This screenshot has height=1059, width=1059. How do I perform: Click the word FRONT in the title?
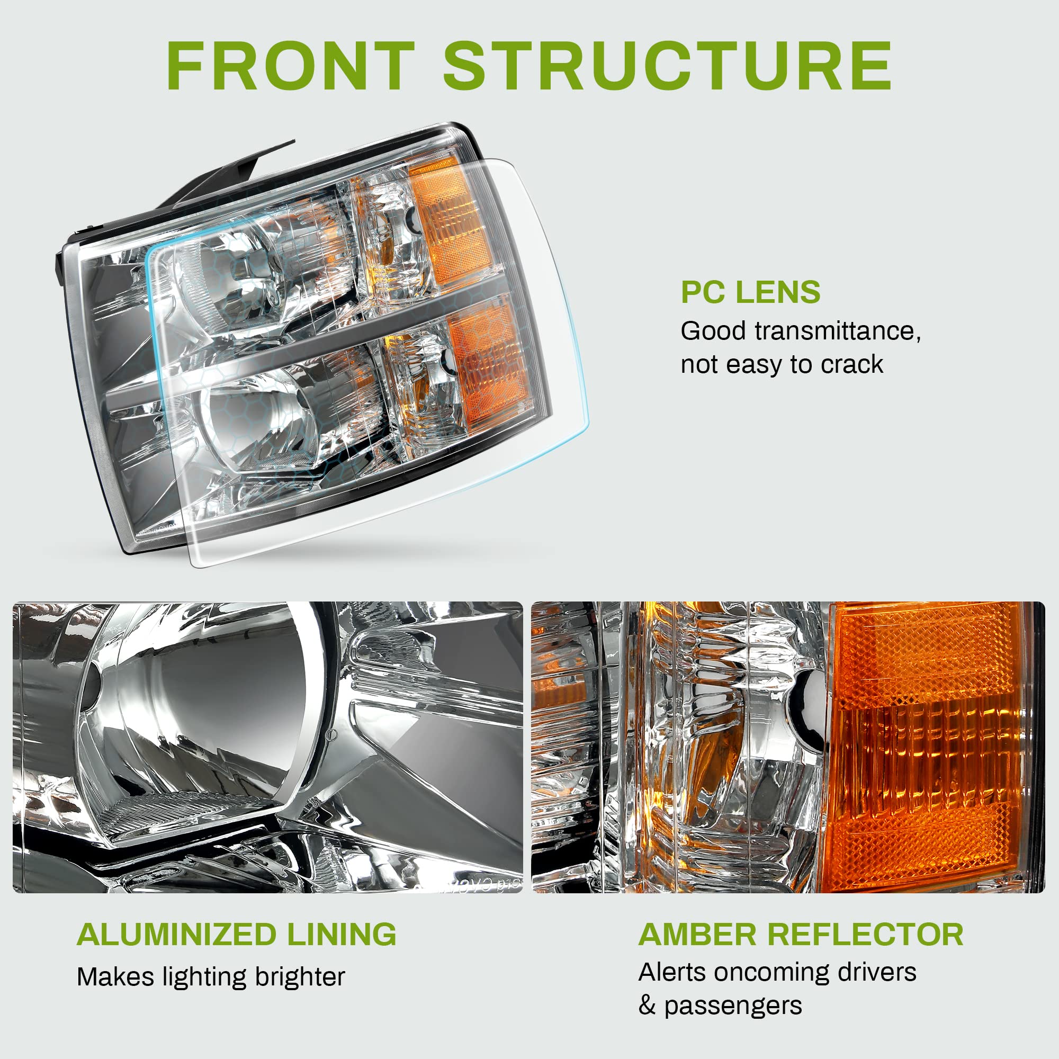[x=291, y=66]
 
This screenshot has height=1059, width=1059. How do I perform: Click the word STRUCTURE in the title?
[x=668, y=66]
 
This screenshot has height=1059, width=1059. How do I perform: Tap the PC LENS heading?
[x=750, y=292]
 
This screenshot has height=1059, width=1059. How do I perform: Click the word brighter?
[x=300, y=977]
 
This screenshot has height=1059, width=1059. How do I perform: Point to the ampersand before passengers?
[x=647, y=1006]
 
